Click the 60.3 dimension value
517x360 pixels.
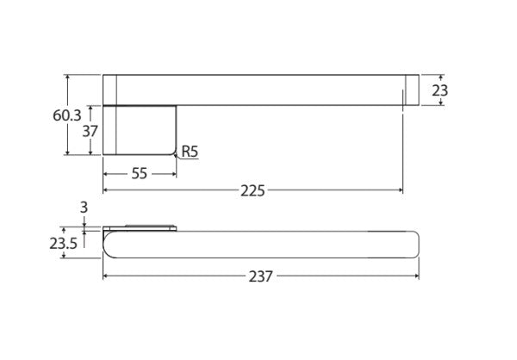pos(67,115)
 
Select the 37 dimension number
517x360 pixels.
pos(90,131)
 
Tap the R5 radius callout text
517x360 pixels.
pos(190,152)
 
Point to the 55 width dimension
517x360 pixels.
pos(139,174)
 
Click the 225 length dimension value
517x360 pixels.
pos(252,191)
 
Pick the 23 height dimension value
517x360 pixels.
pos(440,90)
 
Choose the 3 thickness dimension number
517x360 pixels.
pos(84,208)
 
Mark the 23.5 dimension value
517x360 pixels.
pos(63,244)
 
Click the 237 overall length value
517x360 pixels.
pos(261,276)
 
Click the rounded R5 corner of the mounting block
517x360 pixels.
pos(175,153)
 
